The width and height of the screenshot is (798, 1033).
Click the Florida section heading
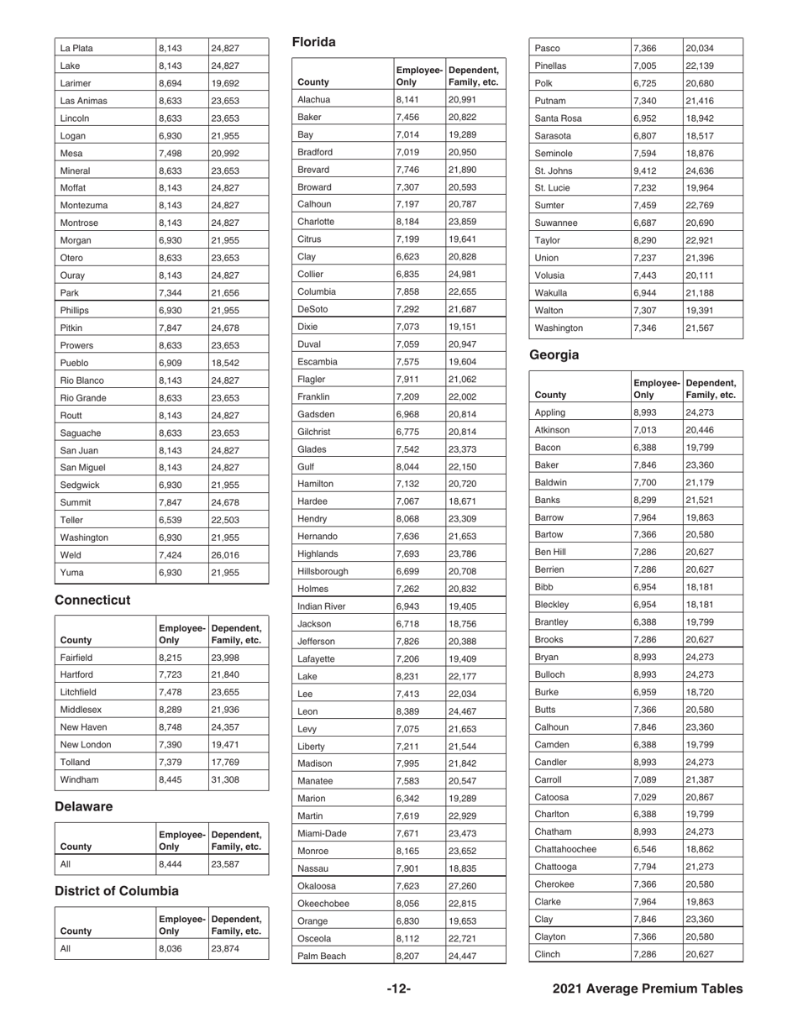tap(313, 42)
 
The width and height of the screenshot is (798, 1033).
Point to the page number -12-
tap(398, 989)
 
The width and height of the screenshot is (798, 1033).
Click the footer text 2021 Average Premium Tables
tap(647, 989)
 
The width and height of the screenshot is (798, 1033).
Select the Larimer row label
tap(76, 84)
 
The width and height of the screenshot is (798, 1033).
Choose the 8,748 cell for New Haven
tap(171, 727)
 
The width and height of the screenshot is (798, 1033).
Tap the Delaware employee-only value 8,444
tap(170, 863)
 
